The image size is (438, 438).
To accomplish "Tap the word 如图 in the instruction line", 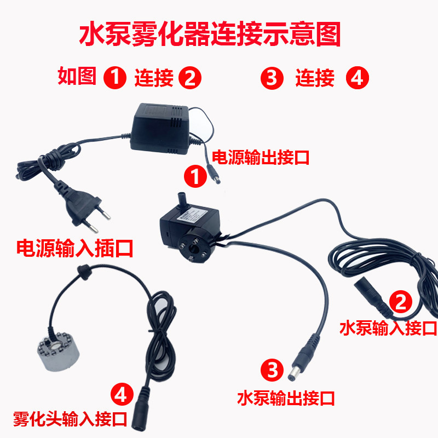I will coord(77,77).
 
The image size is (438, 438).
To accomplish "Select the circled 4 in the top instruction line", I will coord(358,79).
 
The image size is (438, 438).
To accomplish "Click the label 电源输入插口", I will coord(76,248).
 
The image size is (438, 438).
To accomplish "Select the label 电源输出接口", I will coord(261,158).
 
